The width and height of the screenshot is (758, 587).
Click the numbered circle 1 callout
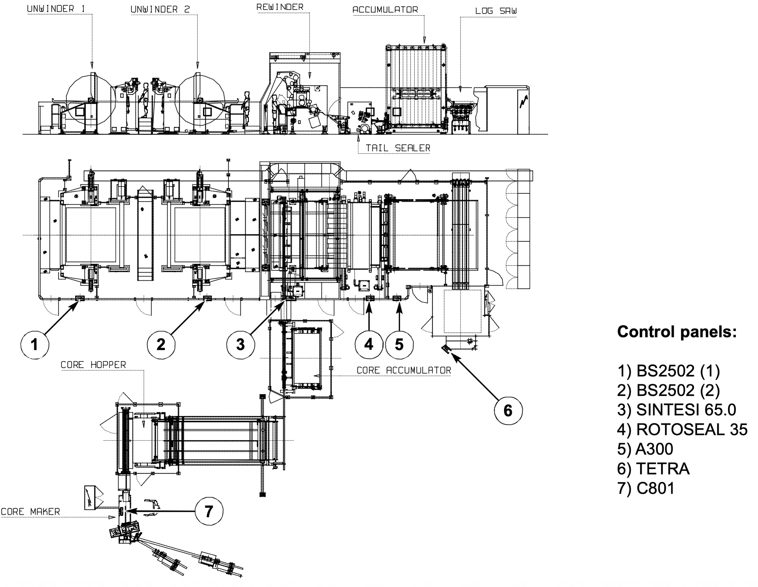(34, 345)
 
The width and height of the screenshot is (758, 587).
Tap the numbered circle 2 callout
(161, 345)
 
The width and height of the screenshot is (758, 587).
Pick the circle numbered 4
(369, 344)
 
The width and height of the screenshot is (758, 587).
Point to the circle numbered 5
(399, 345)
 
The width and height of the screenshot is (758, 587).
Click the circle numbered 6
(508, 411)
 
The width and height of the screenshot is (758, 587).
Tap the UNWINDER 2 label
(160, 10)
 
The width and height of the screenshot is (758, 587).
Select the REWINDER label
(280, 7)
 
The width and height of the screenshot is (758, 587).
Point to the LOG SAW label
(496, 11)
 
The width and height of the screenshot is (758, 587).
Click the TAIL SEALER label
(398, 148)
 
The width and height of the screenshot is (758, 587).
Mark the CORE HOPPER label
(93, 365)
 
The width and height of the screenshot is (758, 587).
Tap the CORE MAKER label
(31, 512)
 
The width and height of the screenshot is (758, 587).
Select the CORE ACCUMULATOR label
(404, 371)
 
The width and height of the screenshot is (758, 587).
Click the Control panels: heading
(677, 332)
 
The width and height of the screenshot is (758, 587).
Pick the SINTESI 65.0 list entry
(677, 410)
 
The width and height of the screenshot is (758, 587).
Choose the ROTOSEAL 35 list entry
(682, 430)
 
